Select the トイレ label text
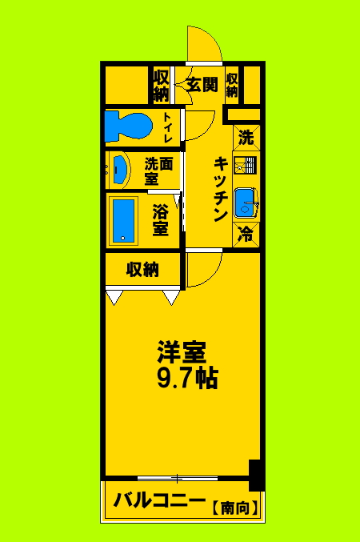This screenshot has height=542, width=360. coord(168,126)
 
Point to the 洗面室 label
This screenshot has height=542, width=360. coord(158,171)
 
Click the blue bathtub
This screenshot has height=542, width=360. coord(124,219)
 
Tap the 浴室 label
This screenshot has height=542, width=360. coord(161,220)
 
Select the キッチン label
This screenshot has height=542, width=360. coord(222,189)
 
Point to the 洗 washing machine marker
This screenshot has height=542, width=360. coord(247,137)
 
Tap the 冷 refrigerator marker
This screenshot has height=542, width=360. coord(247,235)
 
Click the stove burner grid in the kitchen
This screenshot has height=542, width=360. coord(247,165)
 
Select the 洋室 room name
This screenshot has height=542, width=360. coord(182,352)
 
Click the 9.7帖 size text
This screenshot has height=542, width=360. coord(186,378)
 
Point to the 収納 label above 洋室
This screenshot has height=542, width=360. coord(142,269)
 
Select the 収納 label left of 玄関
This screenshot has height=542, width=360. coord(161,86)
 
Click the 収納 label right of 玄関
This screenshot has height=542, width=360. coord(232,86)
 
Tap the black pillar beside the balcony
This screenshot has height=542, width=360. coord(256,475)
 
